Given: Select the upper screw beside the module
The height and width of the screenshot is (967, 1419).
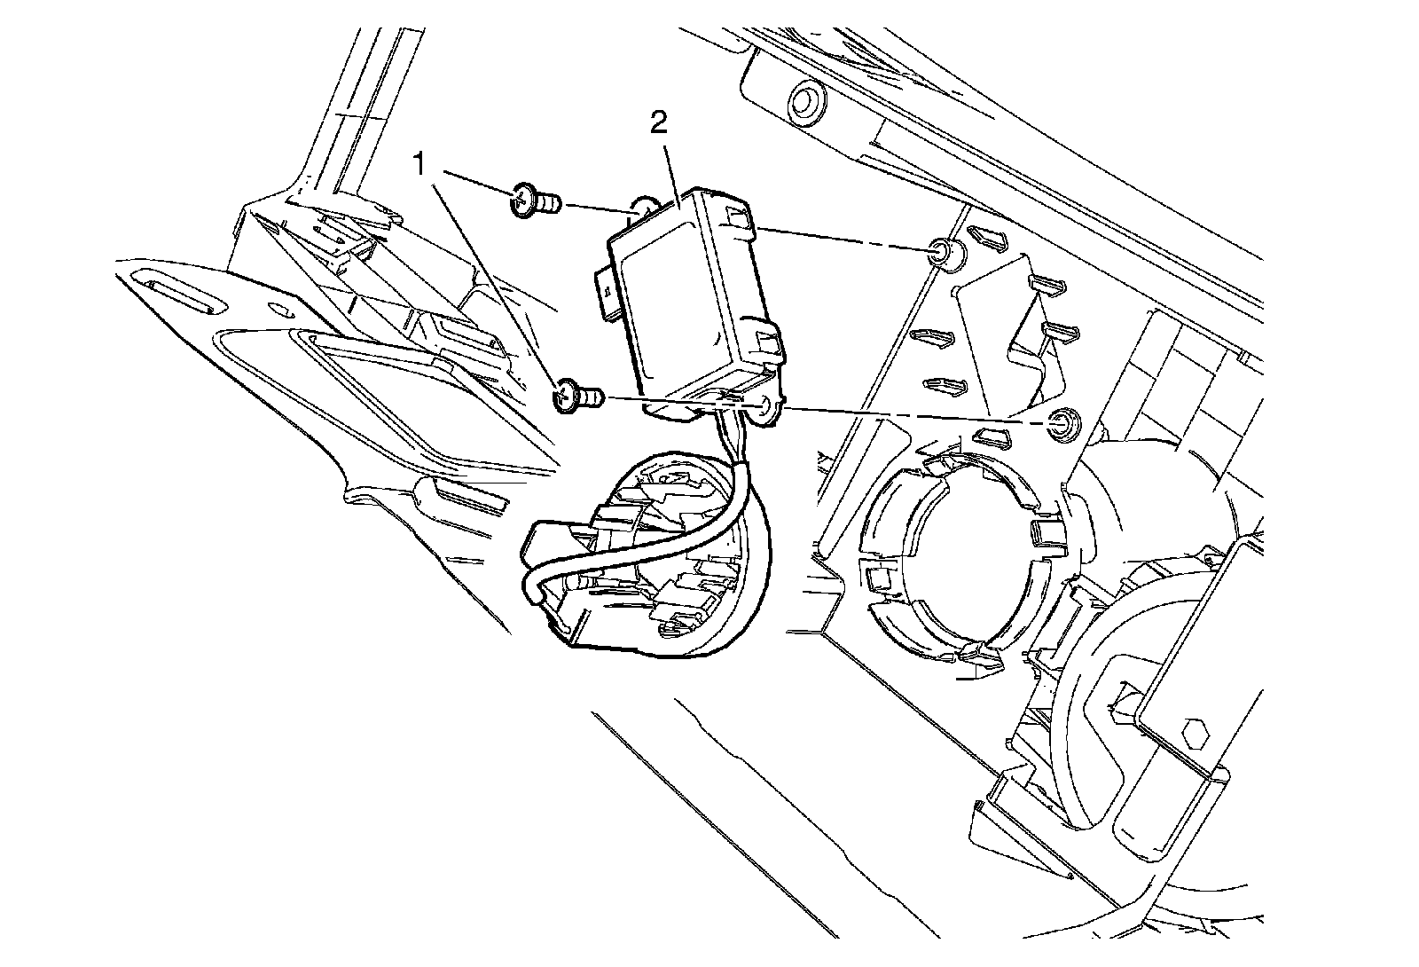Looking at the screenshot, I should [x=530, y=202].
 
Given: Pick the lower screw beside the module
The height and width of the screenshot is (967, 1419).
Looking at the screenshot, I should [x=575, y=395].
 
